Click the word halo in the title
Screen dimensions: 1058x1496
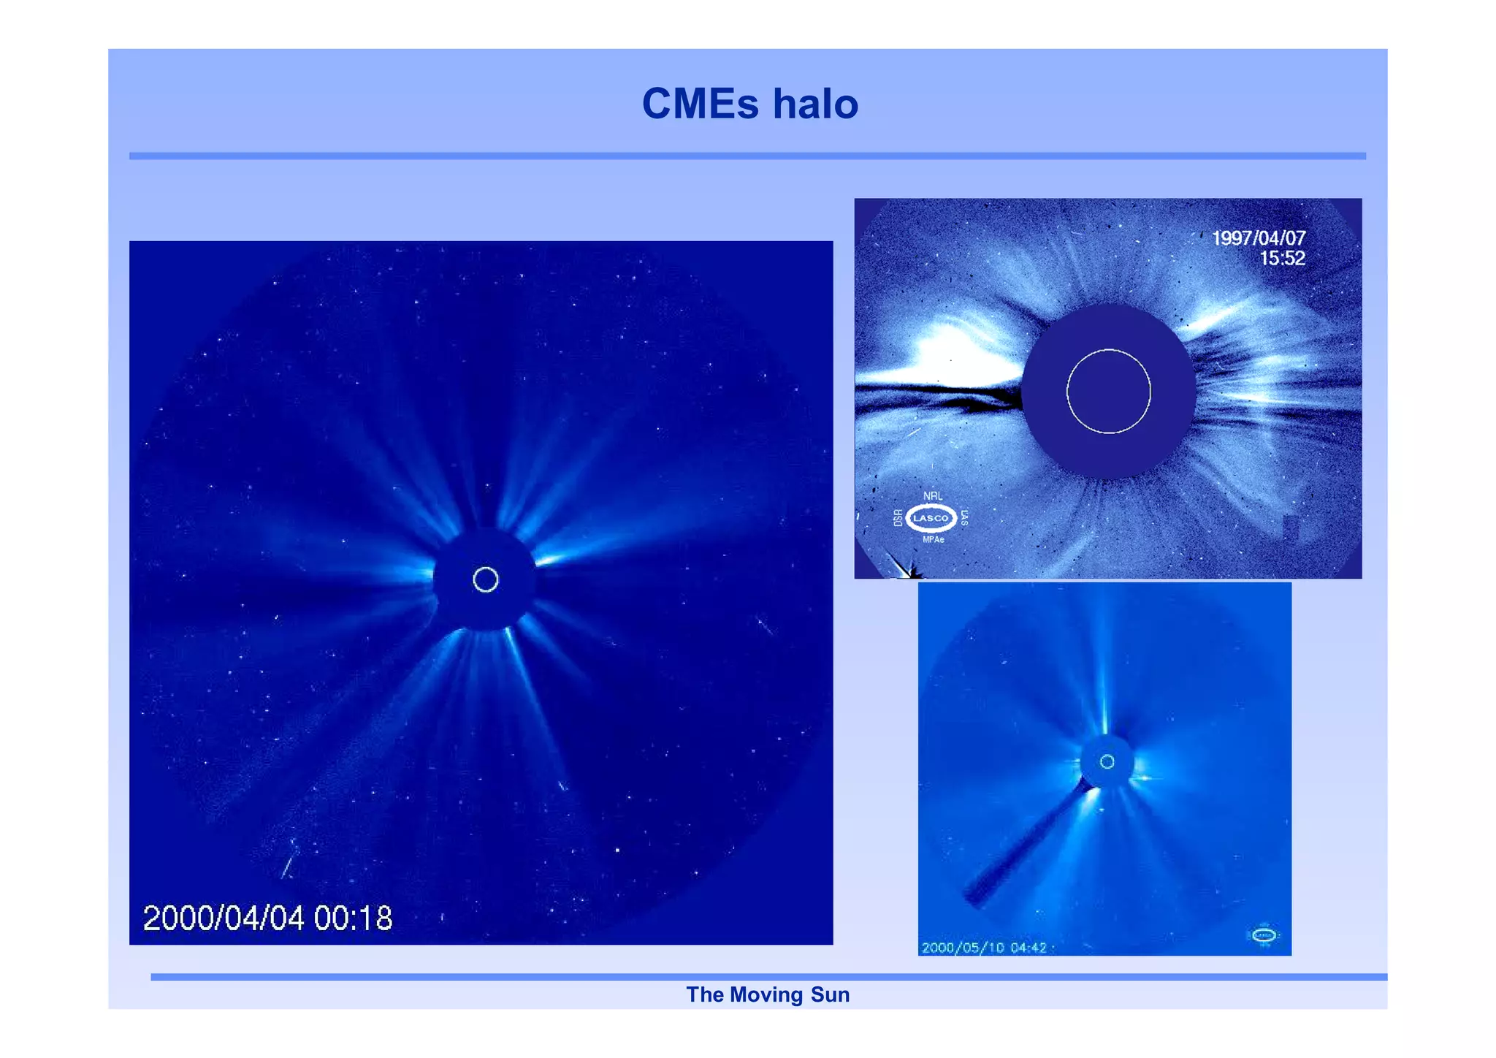click(815, 104)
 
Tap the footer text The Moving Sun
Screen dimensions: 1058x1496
click(767, 994)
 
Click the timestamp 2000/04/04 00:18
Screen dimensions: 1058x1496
click(267, 918)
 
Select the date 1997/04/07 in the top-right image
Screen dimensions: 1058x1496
click(1258, 238)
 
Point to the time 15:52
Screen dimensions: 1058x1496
click(1282, 258)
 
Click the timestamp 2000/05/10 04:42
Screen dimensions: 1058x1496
click(983, 948)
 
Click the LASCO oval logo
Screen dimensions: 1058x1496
click(931, 518)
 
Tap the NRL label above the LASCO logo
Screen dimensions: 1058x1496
click(932, 496)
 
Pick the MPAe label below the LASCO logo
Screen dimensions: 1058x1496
click(933, 540)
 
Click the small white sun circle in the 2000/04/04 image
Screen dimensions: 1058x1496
click(485, 580)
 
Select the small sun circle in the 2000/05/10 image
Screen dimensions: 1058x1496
click(1107, 762)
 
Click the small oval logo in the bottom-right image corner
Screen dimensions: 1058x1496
click(1264, 935)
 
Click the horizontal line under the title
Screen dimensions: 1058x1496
click(747, 156)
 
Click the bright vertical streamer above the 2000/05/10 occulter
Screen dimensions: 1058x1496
click(1104, 687)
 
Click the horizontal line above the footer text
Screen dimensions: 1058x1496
click(767, 977)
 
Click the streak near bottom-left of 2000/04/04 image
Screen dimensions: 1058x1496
click(289, 862)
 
